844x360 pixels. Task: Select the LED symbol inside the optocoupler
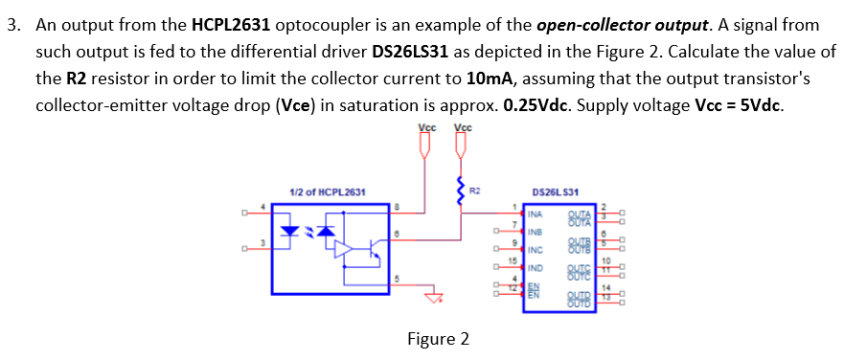point(289,231)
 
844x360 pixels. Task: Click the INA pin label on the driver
point(539,214)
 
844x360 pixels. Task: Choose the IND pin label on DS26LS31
point(539,268)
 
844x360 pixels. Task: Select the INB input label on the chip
point(539,232)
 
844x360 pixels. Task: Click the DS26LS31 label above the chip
point(561,192)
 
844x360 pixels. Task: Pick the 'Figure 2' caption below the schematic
point(438,339)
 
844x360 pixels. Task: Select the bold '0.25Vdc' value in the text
point(531,104)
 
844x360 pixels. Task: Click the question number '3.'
point(14,24)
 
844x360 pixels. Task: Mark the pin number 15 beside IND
point(513,260)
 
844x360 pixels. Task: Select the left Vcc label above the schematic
point(427,127)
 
